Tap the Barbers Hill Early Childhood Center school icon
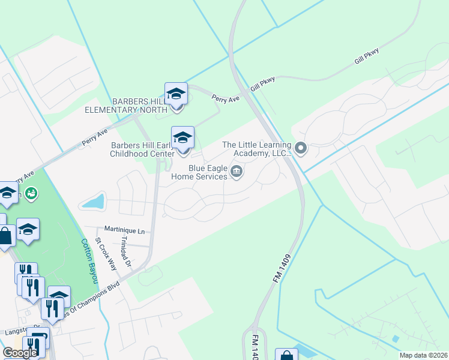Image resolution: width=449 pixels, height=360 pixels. pos(182,138)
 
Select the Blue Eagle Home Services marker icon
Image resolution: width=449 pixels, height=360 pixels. pos(237,172)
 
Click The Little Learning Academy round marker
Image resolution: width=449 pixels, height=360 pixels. pos(301,147)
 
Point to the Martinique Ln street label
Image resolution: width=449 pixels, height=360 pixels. pos(124,230)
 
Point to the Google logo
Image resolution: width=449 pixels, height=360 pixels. pos(20,353)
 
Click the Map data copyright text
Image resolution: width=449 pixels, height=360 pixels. pos(423,355)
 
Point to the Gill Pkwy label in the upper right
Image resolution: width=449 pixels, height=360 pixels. pos(367,57)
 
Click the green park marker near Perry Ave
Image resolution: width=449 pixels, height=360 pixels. pos(31,193)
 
